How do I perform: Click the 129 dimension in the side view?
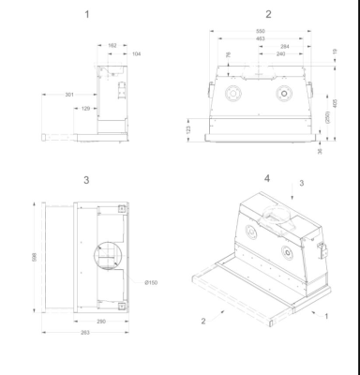85,109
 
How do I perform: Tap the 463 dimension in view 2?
246,38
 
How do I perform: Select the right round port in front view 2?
281,94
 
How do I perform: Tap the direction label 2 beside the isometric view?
202,321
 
